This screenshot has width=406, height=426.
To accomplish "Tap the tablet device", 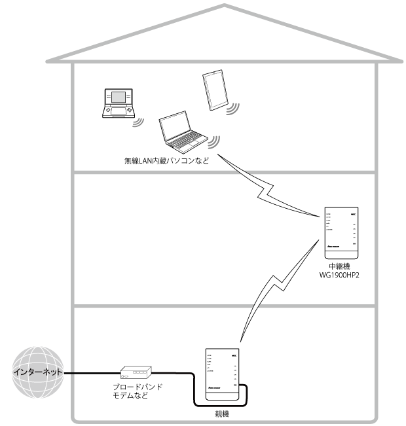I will click(215, 91).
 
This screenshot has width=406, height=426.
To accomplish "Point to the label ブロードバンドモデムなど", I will click(136, 392).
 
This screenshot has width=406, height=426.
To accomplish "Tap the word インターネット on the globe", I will click(39, 372).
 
